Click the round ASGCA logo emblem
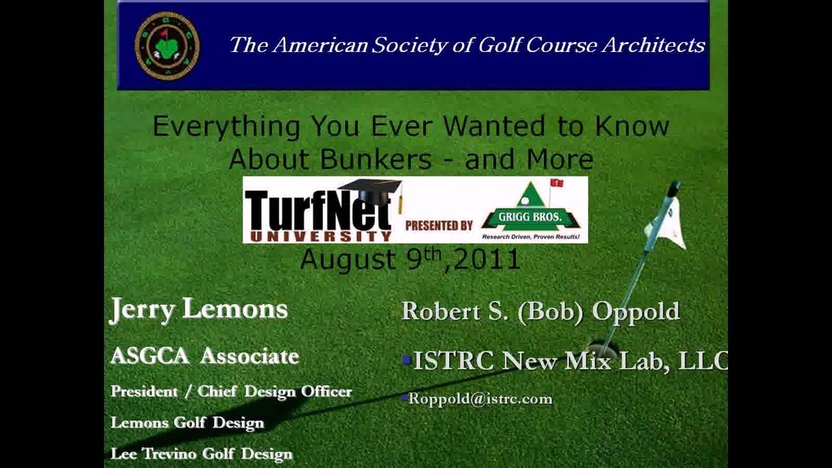tap(167, 46)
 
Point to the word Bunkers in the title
tap(376, 159)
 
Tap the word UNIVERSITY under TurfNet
tap(318, 235)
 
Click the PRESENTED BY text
tap(439, 226)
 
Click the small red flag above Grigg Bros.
tap(556, 183)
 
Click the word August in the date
tap(348, 260)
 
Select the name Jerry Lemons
tap(199, 309)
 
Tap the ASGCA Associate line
tap(205, 356)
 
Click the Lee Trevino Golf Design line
tap(201, 454)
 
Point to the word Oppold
tap(636, 312)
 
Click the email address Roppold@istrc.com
tap(480, 398)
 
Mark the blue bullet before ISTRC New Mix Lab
tap(407, 359)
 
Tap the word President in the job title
tap(144, 391)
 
